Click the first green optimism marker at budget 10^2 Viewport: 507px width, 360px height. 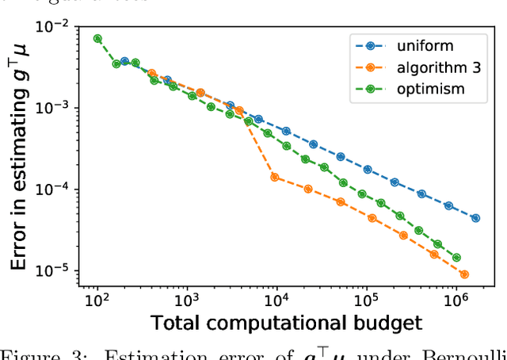(x=97, y=38)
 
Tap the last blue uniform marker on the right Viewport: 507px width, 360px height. (x=475, y=217)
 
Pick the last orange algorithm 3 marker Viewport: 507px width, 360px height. (x=464, y=274)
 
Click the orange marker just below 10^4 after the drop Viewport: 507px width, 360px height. (x=274, y=177)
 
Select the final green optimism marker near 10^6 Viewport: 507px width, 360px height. (x=456, y=258)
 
